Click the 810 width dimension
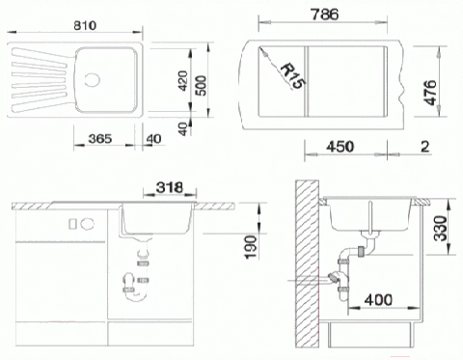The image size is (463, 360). [85, 25]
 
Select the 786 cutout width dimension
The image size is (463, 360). [325, 14]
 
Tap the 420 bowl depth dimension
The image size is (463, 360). [182, 81]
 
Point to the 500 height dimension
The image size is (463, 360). [202, 85]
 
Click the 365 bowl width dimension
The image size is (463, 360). [100, 139]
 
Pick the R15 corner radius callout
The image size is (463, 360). [292, 76]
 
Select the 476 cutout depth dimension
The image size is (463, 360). [430, 93]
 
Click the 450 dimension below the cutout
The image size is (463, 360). [340, 147]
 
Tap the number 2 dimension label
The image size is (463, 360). [425, 147]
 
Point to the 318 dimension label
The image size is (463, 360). [170, 187]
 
